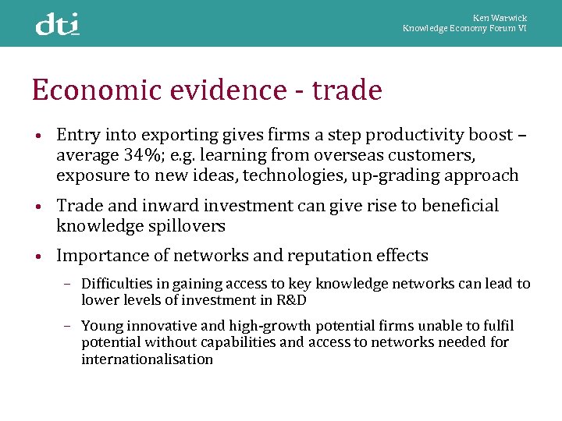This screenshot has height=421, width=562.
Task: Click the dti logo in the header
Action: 58,24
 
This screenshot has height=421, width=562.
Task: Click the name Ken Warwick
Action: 500,18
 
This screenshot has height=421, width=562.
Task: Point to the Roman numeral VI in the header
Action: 522,28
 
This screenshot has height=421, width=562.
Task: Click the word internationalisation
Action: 147,359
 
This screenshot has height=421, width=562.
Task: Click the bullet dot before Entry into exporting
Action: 37,136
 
